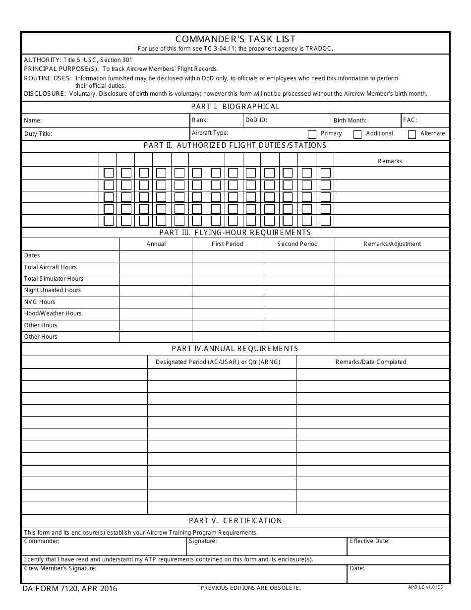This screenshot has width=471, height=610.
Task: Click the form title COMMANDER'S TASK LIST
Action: point(235,39)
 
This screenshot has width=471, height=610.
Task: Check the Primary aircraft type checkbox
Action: point(312,134)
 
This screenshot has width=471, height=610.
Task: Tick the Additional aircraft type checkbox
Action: point(357,134)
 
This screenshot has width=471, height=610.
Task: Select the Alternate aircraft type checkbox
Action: point(412,134)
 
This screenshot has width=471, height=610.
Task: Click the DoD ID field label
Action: point(256,120)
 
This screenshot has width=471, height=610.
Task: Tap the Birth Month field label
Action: point(350,121)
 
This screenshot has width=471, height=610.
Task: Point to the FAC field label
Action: point(410,120)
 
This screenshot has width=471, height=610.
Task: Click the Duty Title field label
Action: point(38,134)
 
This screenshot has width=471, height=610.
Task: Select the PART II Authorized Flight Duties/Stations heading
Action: point(235,145)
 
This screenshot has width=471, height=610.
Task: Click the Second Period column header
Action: point(297,244)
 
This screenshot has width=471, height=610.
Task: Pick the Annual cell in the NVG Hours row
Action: point(156,302)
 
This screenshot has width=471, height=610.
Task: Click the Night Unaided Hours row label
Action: point(53,290)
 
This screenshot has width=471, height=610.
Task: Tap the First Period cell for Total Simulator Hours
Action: point(227,279)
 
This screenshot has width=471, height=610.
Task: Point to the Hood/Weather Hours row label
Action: point(53,313)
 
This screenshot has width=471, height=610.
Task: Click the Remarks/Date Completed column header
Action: point(371,362)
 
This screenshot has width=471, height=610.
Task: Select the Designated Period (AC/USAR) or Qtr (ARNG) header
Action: point(218,362)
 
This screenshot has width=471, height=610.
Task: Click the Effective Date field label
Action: point(370,541)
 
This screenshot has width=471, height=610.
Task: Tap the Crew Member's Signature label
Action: point(60,568)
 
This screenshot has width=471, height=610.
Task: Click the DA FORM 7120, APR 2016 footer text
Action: point(70,589)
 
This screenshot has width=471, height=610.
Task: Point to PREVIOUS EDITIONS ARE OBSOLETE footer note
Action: point(251,588)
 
